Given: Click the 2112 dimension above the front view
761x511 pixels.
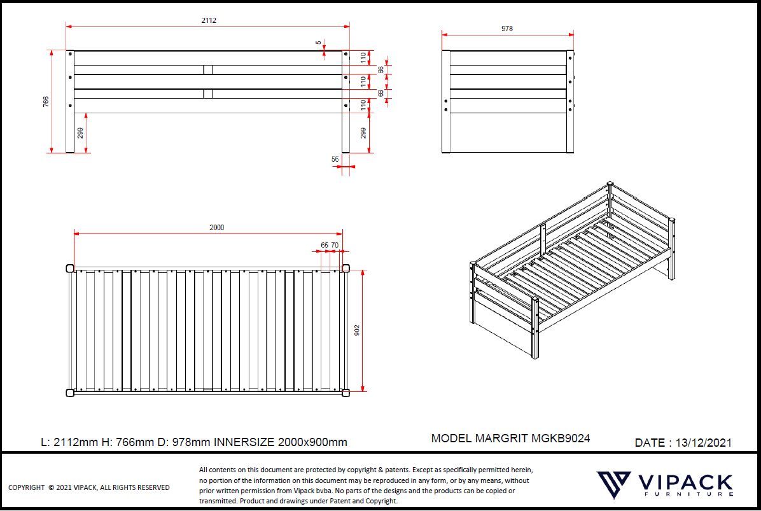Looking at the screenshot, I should pyautogui.click(x=209, y=20).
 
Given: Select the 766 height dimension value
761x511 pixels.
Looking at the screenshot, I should pyautogui.click(x=46, y=102).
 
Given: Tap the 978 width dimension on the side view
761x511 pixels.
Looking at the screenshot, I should pyautogui.click(x=507, y=29).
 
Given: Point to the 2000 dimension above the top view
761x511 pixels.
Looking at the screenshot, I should pyautogui.click(x=216, y=227).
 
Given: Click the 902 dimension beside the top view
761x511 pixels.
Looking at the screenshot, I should pyautogui.click(x=357, y=330).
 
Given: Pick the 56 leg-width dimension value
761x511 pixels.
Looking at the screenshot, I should pyautogui.click(x=335, y=159).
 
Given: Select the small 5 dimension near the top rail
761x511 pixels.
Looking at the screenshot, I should pyautogui.click(x=318, y=43).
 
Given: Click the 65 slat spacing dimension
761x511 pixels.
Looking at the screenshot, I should pyautogui.click(x=325, y=244).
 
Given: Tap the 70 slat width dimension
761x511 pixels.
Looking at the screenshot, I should pyautogui.click(x=335, y=244).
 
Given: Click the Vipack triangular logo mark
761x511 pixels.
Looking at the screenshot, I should pyautogui.click(x=613, y=484).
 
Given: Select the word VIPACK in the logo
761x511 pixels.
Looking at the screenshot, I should pyautogui.click(x=685, y=482).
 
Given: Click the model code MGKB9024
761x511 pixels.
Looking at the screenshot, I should pyautogui.click(x=561, y=438).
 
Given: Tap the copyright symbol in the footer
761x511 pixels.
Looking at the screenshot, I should pyautogui.click(x=51, y=487).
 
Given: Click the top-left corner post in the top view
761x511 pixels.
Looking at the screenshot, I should pyautogui.click(x=69, y=269).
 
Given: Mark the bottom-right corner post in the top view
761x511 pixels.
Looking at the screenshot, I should pyautogui.click(x=346, y=393).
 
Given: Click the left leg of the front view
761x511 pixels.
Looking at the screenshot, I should pyautogui.click(x=70, y=102).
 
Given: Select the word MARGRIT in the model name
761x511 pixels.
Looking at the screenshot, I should pyautogui.click(x=508, y=438).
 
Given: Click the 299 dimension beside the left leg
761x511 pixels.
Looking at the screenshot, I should pyautogui.click(x=80, y=133).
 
